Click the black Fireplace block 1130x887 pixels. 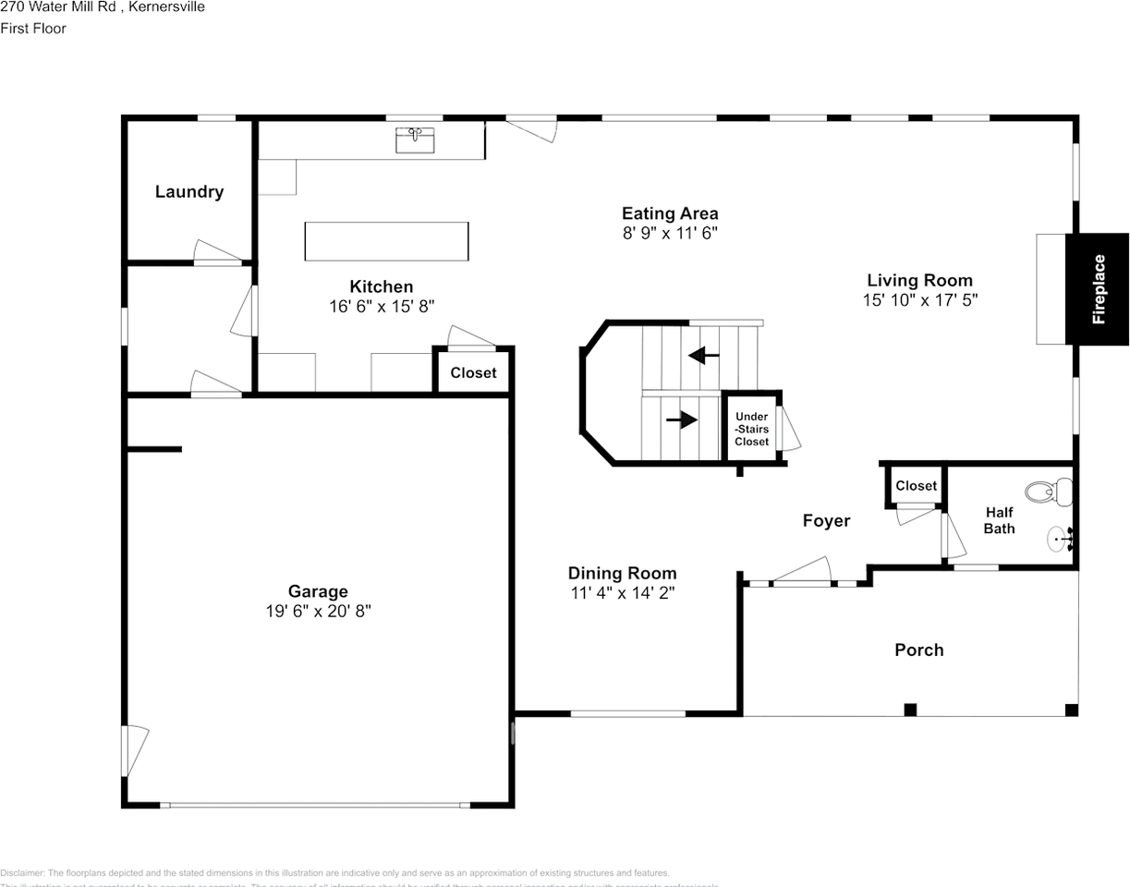tap(1097, 289)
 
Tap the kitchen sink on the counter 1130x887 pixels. tap(416, 140)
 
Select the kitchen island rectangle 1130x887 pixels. tap(386, 241)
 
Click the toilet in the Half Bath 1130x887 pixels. tap(1050, 492)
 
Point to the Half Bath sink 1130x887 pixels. tap(1059, 537)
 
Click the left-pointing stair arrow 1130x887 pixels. tap(704, 355)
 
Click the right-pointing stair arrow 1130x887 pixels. tap(682, 420)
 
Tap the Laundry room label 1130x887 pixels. tap(189, 192)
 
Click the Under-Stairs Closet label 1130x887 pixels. tap(751, 429)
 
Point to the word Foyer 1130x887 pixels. tap(826, 521)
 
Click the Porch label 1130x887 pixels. tap(919, 650)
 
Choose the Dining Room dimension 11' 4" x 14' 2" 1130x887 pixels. tap(623, 593)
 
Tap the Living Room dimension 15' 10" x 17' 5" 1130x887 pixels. tap(919, 299)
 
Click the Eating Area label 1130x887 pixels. tap(670, 213)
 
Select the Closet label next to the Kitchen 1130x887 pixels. tap(473, 373)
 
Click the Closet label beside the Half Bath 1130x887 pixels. tap(916, 486)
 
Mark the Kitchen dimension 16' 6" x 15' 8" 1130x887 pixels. tap(382, 306)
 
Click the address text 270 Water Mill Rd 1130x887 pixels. tap(59, 7)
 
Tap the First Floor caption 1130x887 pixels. tap(33, 29)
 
